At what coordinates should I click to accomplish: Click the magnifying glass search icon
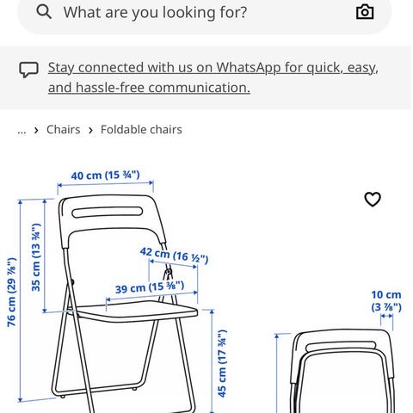[x=44, y=12]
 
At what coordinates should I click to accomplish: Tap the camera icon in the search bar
[x=365, y=12]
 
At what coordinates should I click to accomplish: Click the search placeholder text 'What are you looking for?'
[x=155, y=12]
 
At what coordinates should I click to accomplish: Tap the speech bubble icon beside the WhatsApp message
[x=28, y=70]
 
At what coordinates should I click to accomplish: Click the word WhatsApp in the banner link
[x=249, y=68]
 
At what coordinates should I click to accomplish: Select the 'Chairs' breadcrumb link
[x=64, y=130]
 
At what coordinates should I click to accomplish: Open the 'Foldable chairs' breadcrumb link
[x=141, y=130]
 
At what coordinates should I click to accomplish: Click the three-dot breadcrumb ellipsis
[x=22, y=132]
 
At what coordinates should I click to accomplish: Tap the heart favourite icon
[x=373, y=199]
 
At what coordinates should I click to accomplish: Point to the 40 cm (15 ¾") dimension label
[x=105, y=175]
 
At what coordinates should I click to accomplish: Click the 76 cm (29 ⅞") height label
[x=12, y=293]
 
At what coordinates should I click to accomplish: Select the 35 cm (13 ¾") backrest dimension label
[x=36, y=257]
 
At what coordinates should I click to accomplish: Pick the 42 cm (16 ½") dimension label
[x=174, y=255]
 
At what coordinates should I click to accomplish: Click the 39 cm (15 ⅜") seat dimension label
[x=150, y=287]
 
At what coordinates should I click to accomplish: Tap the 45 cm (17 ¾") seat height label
[x=222, y=363]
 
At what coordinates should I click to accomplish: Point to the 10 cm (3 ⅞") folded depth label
[x=386, y=301]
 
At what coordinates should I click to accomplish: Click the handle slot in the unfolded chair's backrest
[x=107, y=213]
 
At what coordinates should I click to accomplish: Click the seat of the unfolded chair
[x=135, y=311]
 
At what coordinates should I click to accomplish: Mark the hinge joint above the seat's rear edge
[x=168, y=272]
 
